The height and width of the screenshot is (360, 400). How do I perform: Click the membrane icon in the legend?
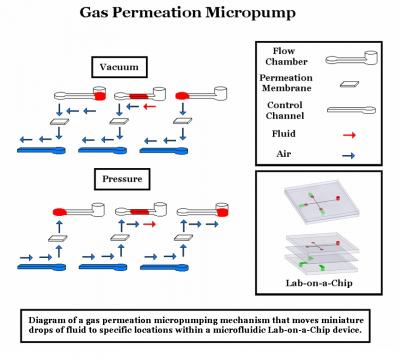[351, 84]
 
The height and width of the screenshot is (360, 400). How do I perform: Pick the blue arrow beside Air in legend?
[351, 155]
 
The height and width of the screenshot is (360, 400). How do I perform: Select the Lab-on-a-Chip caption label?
[321, 283]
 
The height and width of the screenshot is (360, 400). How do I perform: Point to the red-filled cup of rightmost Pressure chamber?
[185, 211]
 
